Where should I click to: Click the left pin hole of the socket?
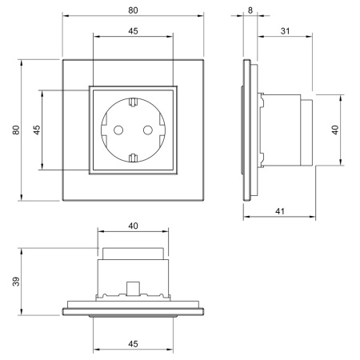click(118, 130)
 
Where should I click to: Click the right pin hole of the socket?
click(148, 130)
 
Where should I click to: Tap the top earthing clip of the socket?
click(133, 102)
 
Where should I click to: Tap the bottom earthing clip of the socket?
click(133, 158)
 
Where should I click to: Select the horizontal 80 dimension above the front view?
click(133, 10)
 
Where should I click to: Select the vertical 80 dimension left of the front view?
click(16, 130)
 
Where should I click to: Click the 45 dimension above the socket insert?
click(133, 31)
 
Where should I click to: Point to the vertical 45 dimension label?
click(37, 130)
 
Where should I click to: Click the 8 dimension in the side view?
click(250, 10)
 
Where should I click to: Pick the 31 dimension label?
click(285, 31)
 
